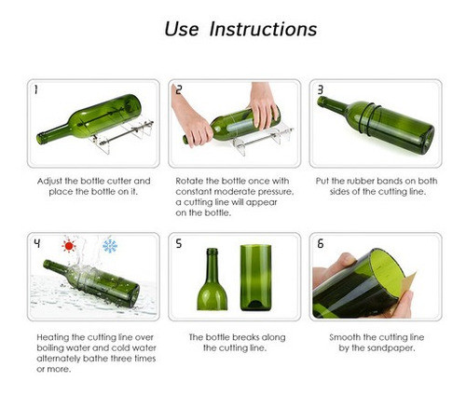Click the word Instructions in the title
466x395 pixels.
tap(263, 29)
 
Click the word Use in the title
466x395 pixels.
tap(182, 29)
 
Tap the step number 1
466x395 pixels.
tap(36, 89)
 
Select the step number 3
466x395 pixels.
tap(321, 89)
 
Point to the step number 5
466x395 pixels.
tap(179, 243)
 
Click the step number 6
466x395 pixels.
tap(321, 243)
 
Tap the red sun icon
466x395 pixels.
tap(69, 246)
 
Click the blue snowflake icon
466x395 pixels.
tap(110, 246)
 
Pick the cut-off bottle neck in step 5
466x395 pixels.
tap(212, 279)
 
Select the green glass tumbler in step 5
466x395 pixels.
tap(255, 278)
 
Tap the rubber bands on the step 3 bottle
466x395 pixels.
tap(369, 118)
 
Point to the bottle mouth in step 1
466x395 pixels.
tap(40, 139)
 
